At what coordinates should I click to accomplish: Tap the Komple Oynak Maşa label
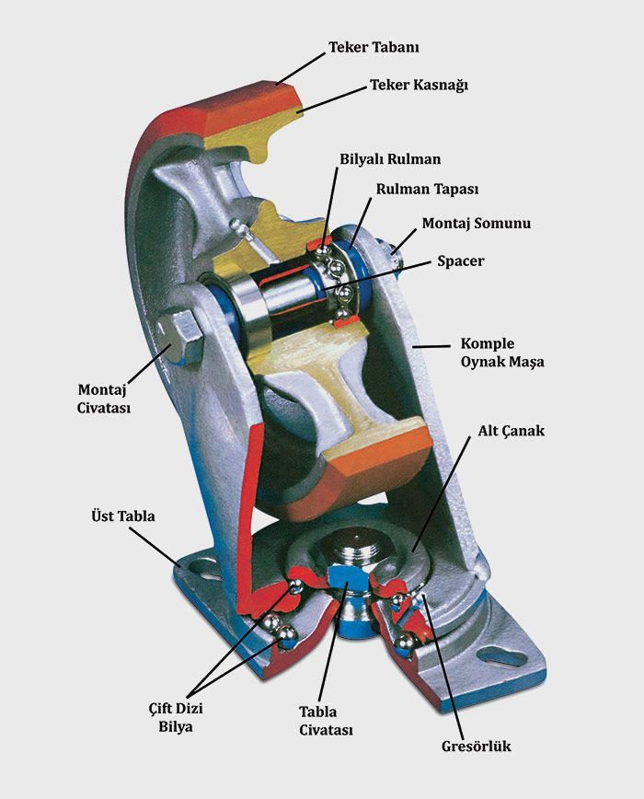pos(501,353)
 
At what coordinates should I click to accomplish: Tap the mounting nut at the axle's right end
pos(395,245)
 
